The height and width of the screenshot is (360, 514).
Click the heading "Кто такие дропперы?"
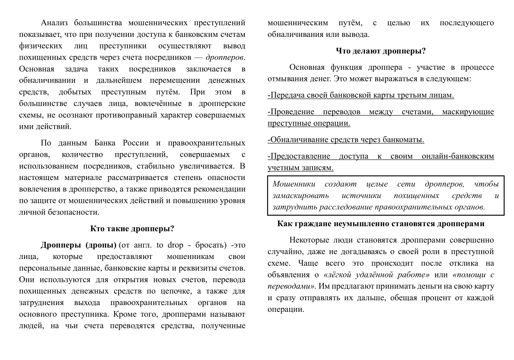click(132, 229)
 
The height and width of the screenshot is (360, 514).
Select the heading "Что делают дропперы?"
click(381, 51)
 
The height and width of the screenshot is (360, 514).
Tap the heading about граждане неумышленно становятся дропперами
click(381, 224)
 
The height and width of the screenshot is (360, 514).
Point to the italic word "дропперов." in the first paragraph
click(225, 57)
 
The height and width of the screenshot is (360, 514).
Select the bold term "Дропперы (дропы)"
click(79, 245)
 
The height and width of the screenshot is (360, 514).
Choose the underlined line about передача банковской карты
click(361, 95)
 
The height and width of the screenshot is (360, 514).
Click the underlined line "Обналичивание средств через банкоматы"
click(346, 140)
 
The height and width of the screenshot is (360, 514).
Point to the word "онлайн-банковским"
click(458, 156)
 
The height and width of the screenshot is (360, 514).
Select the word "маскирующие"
click(468, 112)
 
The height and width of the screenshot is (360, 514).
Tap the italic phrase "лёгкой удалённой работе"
click(377, 275)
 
